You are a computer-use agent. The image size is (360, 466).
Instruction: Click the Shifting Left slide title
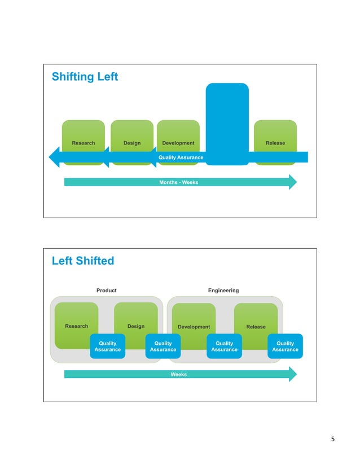(85, 77)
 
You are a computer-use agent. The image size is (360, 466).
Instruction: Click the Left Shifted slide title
(82, 261)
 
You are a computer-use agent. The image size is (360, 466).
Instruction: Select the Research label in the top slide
(84, 143)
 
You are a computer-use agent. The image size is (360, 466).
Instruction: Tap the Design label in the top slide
(132, 143)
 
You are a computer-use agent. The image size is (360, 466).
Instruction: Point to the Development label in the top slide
(178, 143)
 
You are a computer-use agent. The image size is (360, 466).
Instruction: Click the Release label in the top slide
(275, 143)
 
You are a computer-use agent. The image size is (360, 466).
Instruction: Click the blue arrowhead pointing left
(55, 157)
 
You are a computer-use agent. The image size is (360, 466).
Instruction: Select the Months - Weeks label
(179, 182)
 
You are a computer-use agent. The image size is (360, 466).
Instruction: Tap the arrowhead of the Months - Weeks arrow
(292, 182)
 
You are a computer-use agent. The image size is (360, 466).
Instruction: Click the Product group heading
(106, 291)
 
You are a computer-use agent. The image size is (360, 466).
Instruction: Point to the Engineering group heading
(223, 291)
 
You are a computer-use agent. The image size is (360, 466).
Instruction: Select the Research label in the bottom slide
(77, 326)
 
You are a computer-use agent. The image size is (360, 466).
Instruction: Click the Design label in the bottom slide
(136, 326)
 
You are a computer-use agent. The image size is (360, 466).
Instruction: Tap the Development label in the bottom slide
(194, 327)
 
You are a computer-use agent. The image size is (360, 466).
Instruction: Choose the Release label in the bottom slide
(256, 327)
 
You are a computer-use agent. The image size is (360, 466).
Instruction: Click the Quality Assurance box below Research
(107, 346)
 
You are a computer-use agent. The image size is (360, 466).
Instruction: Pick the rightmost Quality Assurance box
(285, 346)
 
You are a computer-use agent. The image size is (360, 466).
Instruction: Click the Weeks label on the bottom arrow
(179, 374)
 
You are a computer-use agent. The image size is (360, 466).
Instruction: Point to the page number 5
(333, 439)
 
